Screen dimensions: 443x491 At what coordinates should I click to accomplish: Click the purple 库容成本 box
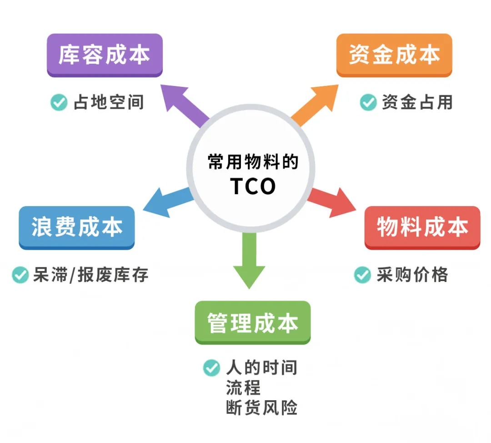105,55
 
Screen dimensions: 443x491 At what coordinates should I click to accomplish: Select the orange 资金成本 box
394,55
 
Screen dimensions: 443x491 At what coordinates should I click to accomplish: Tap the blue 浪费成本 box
76,227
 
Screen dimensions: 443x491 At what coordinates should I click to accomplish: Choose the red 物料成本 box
422,227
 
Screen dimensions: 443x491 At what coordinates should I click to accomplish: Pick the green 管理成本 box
252,322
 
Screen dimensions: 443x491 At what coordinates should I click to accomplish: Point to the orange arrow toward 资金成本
316,104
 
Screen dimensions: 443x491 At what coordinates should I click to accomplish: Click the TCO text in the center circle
253,186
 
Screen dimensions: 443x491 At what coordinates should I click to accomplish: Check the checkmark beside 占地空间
59,102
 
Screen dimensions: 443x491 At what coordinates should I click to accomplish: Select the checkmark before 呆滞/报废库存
20,275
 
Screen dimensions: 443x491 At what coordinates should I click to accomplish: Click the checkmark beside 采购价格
362,275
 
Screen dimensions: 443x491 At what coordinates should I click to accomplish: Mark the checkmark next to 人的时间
211,367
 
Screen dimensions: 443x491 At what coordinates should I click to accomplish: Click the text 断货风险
261,408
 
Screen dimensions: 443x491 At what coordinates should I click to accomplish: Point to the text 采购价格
412,275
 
